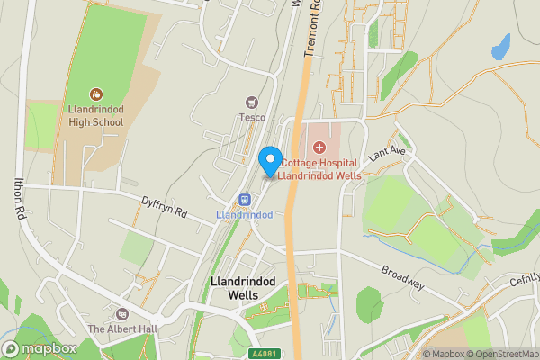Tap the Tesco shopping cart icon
point(251,102)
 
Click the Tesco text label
point(251,116)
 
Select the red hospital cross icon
point(319,147)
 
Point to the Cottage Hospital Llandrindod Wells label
point(319,169)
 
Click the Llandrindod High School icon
point(96,94)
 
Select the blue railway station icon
point(244,200)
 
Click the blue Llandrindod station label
point(244,216)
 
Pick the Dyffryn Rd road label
point(164,207)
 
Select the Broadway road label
point(401,277)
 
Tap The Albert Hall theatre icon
point(122,314)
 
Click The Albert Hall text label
point(122,328)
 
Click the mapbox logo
point(40,348)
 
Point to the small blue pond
point(500,46)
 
